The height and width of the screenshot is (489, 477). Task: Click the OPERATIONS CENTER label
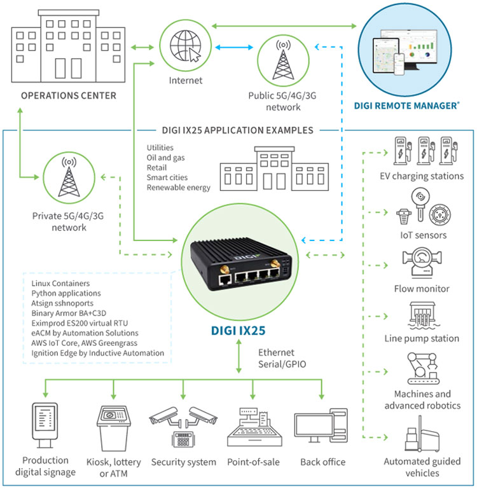click(68, 96)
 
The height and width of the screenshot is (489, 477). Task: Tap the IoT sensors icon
click(423, 208)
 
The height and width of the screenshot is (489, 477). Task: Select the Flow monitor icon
click(423, 263)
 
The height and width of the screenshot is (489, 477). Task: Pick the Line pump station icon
click(423, 314)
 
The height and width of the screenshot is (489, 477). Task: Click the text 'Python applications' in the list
click(66, 293)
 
